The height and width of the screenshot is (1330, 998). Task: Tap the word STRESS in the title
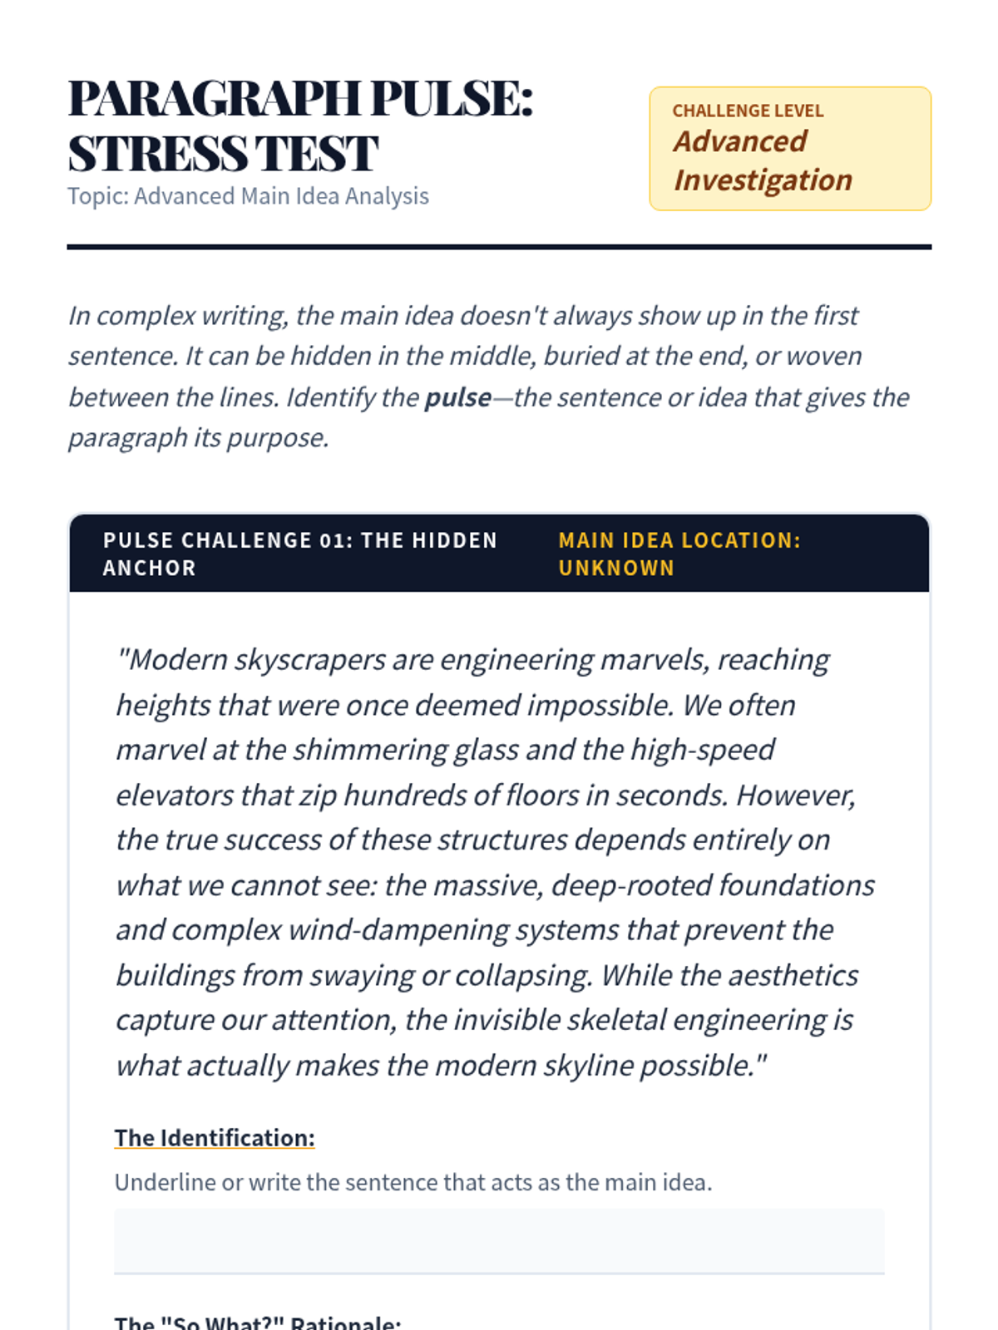[156, 154]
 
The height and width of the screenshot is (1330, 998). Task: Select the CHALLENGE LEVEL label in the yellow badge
[748, 111]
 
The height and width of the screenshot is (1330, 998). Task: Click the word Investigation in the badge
[763, 180]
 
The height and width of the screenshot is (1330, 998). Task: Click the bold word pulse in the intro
[457, 397]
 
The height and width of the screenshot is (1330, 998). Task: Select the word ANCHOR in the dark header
[150, 569]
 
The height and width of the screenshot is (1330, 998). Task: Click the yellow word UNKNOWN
[616, 569]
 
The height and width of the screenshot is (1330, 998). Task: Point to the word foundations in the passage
[796, 885]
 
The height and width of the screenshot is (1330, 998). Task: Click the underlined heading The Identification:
[215, 1138]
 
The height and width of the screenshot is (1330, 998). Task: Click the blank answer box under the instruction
[499, 1240]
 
